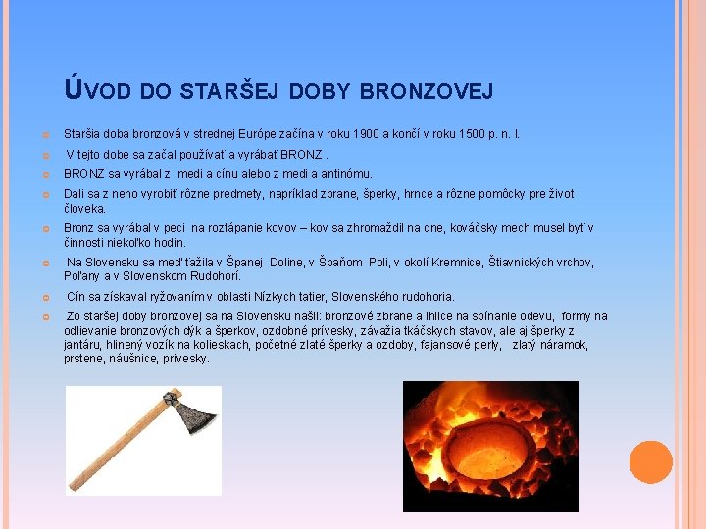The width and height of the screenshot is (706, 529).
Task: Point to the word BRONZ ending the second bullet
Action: pos(301,155)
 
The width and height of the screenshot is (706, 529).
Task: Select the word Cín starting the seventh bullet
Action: pos(76,297)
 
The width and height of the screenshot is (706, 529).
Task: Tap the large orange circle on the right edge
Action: pos(650,462)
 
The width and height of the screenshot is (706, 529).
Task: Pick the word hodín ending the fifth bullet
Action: pos(169,242)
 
